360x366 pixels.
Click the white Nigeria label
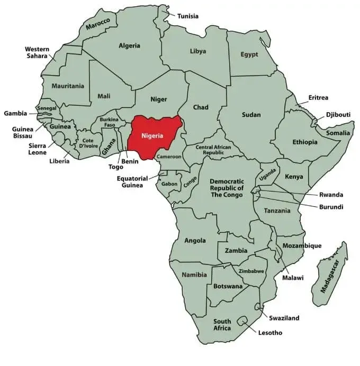tap(152, 135)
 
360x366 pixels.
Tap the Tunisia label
tap(187, 16)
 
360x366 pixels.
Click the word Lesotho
tap(269, 333)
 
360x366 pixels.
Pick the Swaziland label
tap(284, 318)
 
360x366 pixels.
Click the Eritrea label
tap(318, 98)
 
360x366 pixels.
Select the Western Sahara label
tap(37, 52)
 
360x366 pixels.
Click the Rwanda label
tap(331, 195)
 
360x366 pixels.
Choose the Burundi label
tap(331, 207)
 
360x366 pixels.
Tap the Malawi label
tap(293, 277)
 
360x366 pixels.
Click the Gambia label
tap(15, 113)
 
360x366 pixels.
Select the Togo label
tap(116, 167)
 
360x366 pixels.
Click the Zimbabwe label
tap(251, 271)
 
